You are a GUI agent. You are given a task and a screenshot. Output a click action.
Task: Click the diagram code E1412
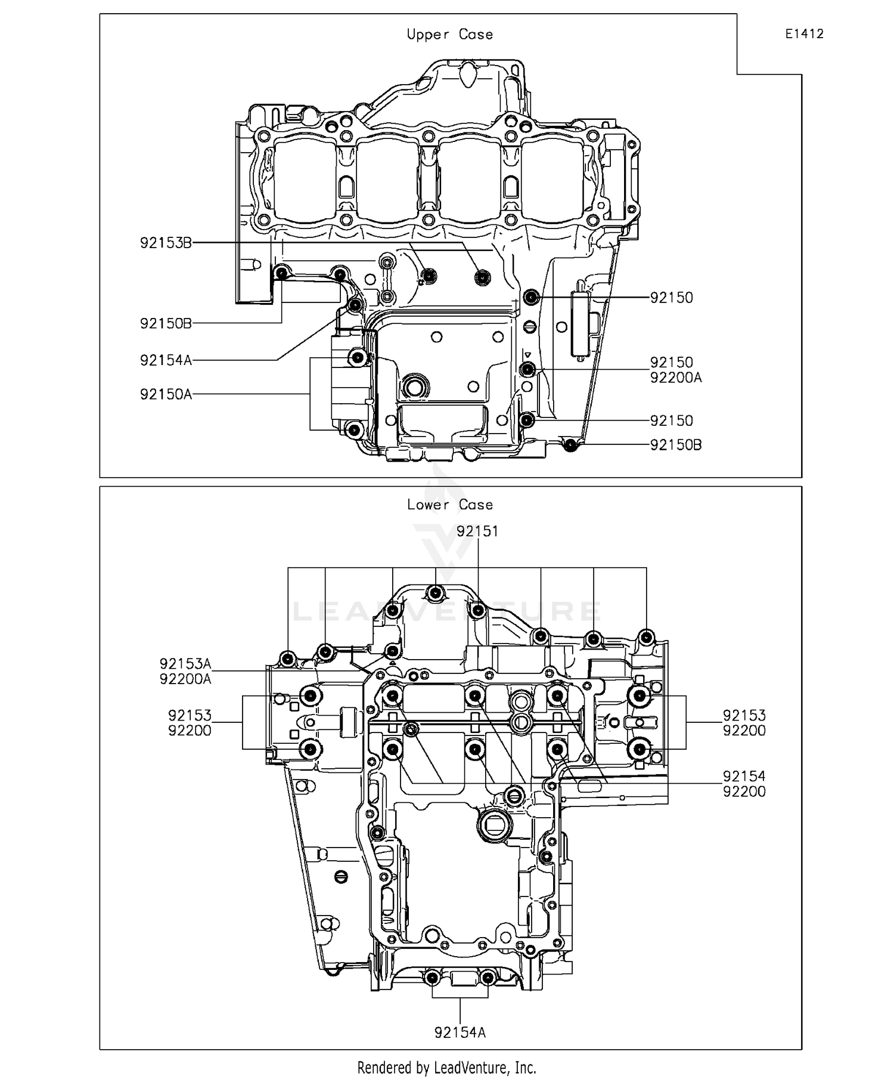(804, 34)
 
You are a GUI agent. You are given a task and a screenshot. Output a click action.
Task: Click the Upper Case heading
(449, 35)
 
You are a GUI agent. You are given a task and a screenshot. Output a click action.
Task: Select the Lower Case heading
(449, 505)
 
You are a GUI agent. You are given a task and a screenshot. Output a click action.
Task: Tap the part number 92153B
(166, 243)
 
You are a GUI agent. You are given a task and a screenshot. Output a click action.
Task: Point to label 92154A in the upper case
(166, 360)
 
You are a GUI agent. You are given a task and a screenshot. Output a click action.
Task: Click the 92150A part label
(166, 394)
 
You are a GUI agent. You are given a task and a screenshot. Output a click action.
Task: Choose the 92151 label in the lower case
(477, 531)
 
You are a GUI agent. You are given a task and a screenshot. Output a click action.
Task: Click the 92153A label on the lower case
(185, 664)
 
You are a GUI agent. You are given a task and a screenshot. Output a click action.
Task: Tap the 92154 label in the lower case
(744, 776)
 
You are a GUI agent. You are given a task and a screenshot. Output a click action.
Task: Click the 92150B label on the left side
(166, 323)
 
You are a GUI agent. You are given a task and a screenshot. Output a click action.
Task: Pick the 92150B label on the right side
(675, 445)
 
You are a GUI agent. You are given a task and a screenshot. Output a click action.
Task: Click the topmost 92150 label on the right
(671, 298)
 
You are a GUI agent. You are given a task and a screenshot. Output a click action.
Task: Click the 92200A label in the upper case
(675, 378)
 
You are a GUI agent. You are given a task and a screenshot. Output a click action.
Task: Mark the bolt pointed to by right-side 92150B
(571, 444)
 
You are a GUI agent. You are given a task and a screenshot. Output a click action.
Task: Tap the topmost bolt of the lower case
(436, 593)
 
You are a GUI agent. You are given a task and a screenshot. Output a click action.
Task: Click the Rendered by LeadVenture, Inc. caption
(446, 1067)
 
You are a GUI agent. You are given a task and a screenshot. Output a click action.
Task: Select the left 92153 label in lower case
(190, 715)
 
